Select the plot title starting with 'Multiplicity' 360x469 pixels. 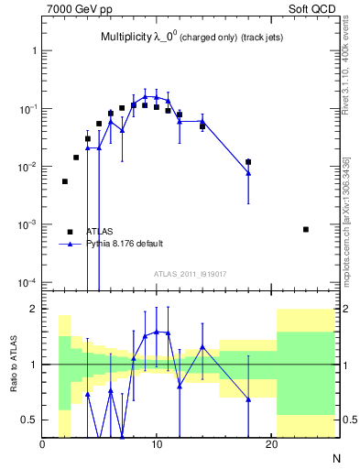coord(182,38)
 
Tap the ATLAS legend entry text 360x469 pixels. coord(100,232)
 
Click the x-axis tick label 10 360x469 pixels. coord(157,445)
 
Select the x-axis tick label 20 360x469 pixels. coord(271,445)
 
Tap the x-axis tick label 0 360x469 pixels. coord(42,445)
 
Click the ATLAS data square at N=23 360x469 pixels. coord(306,229)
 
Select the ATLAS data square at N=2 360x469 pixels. coord(65,181)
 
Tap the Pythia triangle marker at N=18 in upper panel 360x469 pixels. coord(248,173)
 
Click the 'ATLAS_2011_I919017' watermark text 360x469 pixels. coord(191,272)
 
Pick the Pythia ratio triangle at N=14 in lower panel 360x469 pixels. coord(202,347)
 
